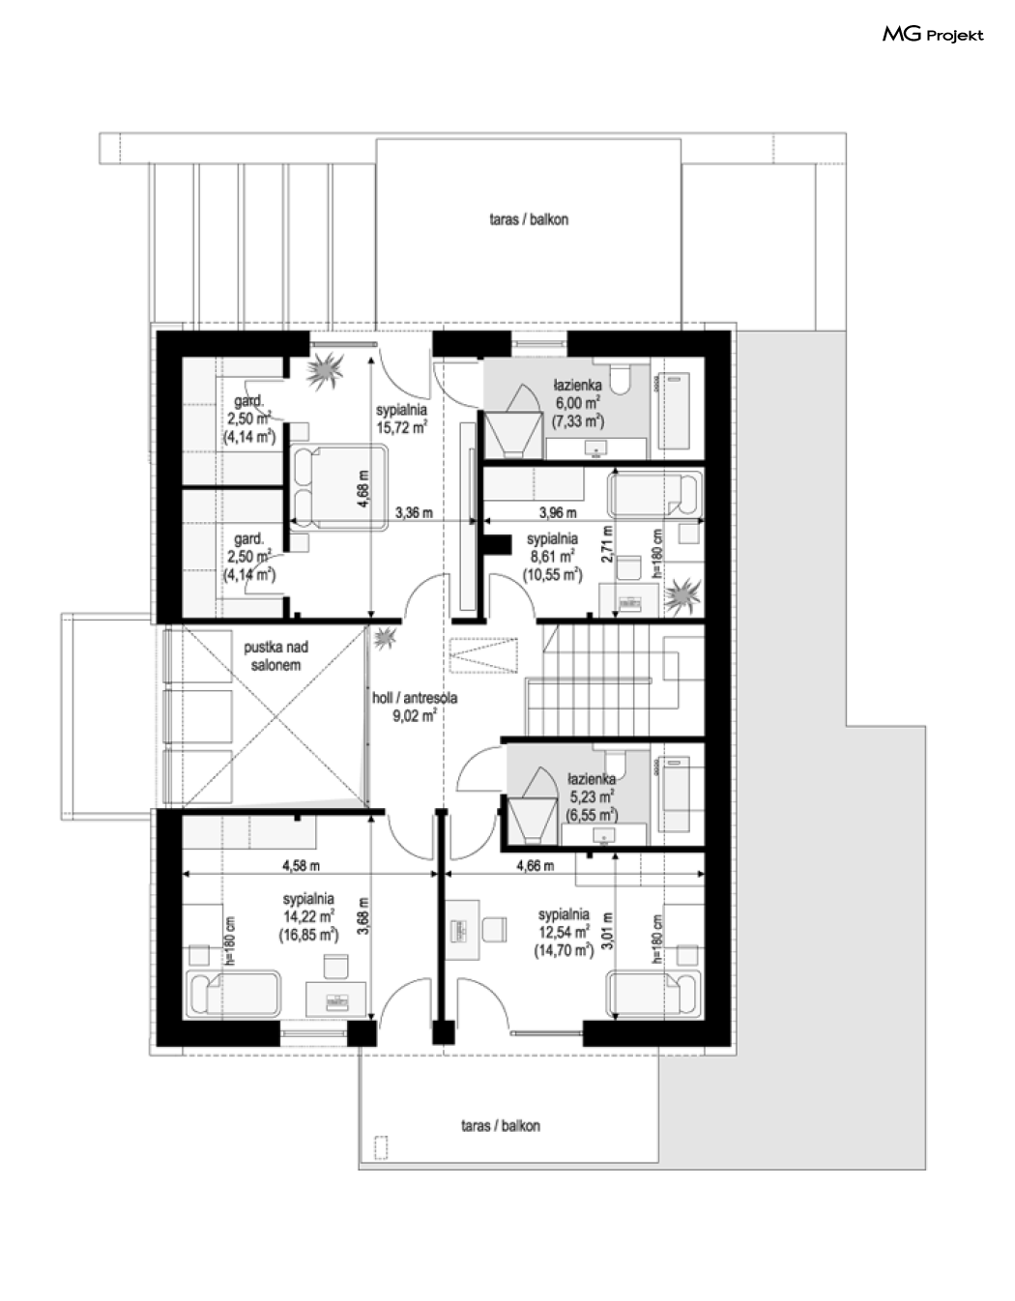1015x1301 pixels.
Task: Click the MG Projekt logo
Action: (933, 35)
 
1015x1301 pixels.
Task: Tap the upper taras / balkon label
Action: (529, 219)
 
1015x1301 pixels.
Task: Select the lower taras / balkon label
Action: (501, 1126)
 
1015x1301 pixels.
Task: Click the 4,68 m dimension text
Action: (364, 488)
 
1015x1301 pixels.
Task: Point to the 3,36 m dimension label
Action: (414, 512)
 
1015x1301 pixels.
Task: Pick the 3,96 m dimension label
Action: (558, 512)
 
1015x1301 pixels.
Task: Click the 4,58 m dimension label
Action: (301, 865)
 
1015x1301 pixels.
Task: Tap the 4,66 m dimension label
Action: (535, 865)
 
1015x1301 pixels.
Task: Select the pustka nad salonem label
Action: (275, 655)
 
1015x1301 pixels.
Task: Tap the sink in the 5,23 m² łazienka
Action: (603, 835)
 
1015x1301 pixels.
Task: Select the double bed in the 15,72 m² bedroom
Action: (338, 487)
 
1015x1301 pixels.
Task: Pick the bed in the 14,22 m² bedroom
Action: (234, 994)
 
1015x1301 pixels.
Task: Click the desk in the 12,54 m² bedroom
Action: (461, 930)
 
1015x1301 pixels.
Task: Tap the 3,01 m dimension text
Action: (609, 931)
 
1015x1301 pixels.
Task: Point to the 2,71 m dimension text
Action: (607, 543)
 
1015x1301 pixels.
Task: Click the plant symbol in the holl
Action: (384, 638)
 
